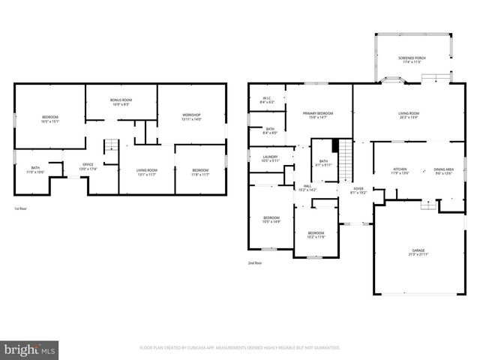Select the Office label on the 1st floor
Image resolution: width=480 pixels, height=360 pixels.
(x=88, y=166)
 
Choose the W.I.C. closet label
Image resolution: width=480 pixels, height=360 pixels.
(x=267, y=100)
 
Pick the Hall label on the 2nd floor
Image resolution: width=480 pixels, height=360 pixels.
(x=307, y=188)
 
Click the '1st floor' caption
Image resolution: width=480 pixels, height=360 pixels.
(x=22, y=208)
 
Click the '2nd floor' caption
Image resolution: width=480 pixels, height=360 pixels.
(x=255, y=263)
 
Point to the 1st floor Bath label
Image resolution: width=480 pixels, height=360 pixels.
(x=35, y=169)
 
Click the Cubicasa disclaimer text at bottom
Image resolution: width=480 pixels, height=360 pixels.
(x=240, y=348)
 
